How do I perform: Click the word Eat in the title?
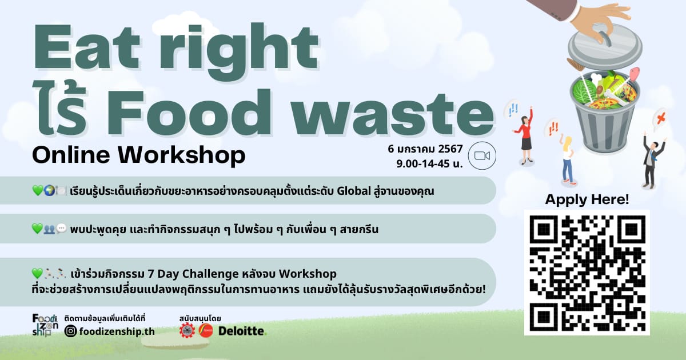click(86, 47)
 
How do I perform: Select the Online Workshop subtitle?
click(139, 155)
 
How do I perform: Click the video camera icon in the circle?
click(482, 156)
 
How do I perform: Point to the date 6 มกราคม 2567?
click(425, 149)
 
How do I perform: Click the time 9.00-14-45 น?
click(429, 164)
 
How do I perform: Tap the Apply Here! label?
click(587, 199)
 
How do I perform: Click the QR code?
click(587, 273)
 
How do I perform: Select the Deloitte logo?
click(242, 331)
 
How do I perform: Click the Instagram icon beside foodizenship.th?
click(70, 331)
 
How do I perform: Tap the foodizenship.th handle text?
click(117, 331)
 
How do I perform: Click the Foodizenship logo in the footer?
click(45, 325)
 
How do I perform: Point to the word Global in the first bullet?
click(354, 191)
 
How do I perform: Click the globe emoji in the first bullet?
click(49, 190)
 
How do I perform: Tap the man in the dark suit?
click(652, 161)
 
